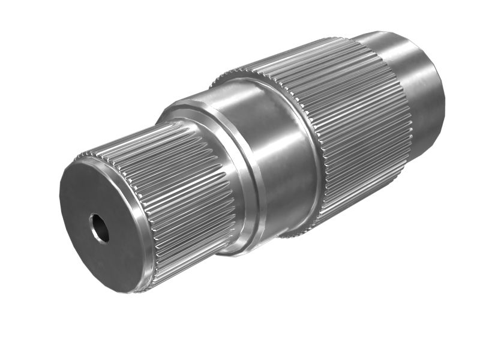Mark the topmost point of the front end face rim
84,157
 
